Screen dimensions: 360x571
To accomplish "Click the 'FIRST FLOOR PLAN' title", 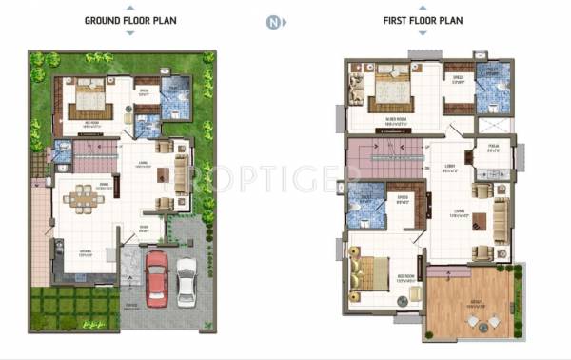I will [423, 20].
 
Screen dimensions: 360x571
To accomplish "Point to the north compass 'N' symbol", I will [274, 21].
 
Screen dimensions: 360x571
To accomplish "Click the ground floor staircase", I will [91, 150].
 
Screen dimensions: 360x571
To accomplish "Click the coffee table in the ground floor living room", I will [163, 175].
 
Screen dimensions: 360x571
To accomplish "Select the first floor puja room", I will [492, 151].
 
